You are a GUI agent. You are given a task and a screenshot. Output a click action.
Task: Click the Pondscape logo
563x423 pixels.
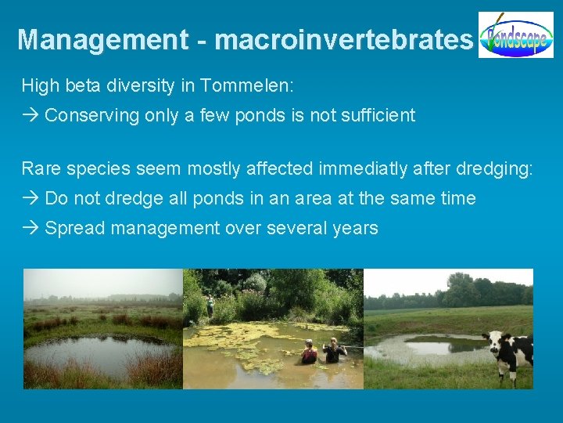[x=515, y=35]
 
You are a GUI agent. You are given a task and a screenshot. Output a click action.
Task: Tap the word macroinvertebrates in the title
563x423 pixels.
[x=344, y=40]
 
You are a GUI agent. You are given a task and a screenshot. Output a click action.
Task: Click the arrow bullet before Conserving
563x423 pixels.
[x=30, y=116]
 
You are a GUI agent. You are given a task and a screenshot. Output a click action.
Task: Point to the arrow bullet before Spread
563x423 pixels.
[x=30, y=229]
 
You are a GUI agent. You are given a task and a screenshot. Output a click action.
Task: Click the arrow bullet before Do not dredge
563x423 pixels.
[x=30, y=199]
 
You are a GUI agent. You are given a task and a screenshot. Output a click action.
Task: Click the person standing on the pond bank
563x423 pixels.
[x=210, y=306]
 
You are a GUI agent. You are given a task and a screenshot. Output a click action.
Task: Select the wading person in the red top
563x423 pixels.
[x=310, y=352]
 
